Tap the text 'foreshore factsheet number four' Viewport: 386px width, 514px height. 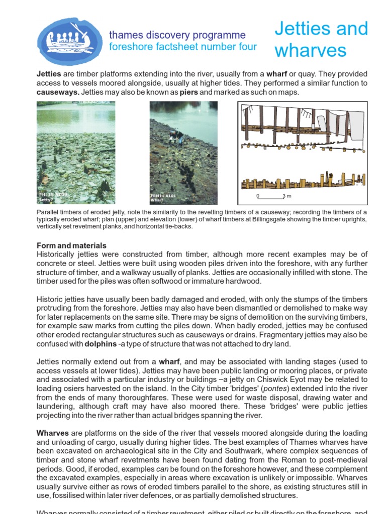click(183, 47)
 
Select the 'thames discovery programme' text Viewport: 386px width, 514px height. click(177, 35)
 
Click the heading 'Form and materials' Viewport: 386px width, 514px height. click(71, 245)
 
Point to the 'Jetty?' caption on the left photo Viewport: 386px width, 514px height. click(47, 199)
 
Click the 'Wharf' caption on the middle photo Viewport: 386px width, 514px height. click(157, 200)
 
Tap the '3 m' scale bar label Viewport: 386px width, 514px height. click(287, 195)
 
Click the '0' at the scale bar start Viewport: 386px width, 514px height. click(258, 195)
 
